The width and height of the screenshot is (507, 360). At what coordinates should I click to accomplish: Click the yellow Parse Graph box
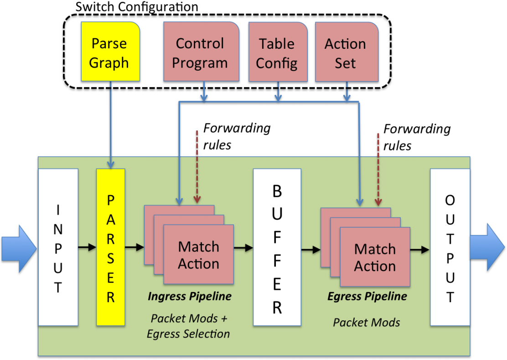click(109, 53)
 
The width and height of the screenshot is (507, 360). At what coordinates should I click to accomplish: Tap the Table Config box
click(277, 53)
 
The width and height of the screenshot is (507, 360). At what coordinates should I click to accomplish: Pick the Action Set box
click(346, 53)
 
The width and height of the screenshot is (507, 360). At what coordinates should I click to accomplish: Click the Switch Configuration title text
click(136, 7)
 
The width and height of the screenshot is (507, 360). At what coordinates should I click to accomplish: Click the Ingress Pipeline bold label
click(189, 297)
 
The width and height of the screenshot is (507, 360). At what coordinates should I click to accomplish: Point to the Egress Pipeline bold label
click(367, 297)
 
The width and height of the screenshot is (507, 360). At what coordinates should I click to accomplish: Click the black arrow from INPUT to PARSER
click(87, 247)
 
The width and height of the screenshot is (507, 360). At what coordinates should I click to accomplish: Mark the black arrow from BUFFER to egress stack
click(310, 250)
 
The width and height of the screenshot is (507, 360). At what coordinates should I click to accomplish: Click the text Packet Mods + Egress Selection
click(188, 326)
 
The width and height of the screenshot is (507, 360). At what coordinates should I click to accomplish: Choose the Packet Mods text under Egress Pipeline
click(367, 322)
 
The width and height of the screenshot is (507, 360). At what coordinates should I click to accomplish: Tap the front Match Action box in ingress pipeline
click(198, 255)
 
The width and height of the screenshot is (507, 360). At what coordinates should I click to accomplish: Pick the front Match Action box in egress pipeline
click(375, 257)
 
